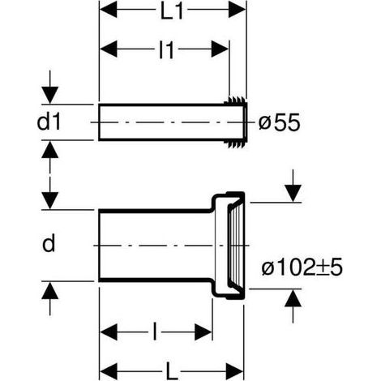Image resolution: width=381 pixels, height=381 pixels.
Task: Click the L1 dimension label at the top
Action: [172, 12]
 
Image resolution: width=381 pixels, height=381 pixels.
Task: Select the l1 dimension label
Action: [166, 50]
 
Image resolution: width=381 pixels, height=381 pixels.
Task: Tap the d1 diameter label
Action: [49, 122]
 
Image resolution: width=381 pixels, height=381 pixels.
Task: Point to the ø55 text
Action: [279, 122]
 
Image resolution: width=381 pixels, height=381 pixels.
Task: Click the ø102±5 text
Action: [302, 268]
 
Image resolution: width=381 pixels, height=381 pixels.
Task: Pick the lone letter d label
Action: [49, 243]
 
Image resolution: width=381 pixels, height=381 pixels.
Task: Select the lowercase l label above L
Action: [155, 331]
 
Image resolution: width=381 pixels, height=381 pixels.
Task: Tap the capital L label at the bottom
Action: [172, 371]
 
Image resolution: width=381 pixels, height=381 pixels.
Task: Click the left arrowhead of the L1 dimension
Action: [109, 9]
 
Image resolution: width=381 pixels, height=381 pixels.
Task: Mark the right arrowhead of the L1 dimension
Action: [237, 9]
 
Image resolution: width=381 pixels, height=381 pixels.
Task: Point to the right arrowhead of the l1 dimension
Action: [220, 49]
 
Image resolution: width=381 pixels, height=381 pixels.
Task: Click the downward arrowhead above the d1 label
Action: [50, 95]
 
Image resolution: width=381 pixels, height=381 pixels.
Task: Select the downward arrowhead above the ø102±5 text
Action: [293, 193]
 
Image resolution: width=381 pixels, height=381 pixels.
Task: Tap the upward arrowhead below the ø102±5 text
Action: [293, 298]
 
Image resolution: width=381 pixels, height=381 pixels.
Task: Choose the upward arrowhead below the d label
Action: [50, 290]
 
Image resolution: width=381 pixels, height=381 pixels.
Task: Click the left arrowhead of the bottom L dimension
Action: [109, 371]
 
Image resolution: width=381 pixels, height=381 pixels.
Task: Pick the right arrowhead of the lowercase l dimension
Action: [203, 332]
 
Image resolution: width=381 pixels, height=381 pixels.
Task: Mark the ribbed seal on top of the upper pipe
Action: [235, 100]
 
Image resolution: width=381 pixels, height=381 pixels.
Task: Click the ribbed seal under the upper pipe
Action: [235, 144]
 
